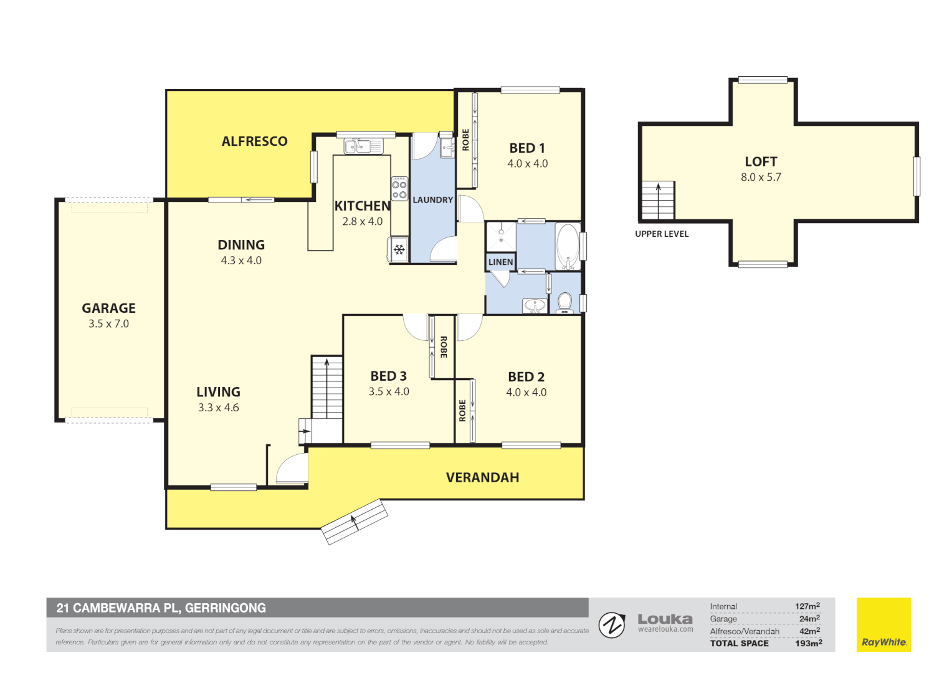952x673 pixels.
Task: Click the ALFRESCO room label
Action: pyautogui.click(x=254, y=141)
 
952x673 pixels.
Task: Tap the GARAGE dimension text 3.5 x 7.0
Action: pyautogui.click(x=108, y=324)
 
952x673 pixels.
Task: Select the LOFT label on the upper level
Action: pyautogui.click(x=761, y=162)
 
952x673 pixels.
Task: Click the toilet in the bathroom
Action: pyautogui.click(x=564, y=302)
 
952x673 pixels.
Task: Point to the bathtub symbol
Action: pyautogui.click(x=567, y=246)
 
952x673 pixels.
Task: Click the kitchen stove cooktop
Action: pyautogui.click(x=399, y=189)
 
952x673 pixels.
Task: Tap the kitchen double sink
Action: pyautogui.click(x=363, y=146)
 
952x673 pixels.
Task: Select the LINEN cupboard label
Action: pyautogui.click(x=500, y=262)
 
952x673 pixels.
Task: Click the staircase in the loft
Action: pyautogui.click(x=658, y=201)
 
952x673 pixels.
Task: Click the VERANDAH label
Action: pyautogui.click(x=482, y=478)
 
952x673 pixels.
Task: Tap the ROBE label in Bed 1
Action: pyautogui.click(x=465, y=140)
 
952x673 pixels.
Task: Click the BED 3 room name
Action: pyautogui.click(x=388, y=376)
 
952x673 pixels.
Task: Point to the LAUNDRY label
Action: pyautogui.click(x=432, y=200)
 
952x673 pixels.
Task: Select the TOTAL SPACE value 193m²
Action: pyautogui.click(x=808, y=643)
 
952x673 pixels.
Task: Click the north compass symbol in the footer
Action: pyautogui.click(x=612, y=625)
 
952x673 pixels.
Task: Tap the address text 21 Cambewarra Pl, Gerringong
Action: pyautogui.click(x=161, y=608)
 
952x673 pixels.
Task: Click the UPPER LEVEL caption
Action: pyautogui.click(x=662, y=234)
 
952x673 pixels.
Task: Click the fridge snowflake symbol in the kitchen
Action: pyautogui.click(x=399, y=250)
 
